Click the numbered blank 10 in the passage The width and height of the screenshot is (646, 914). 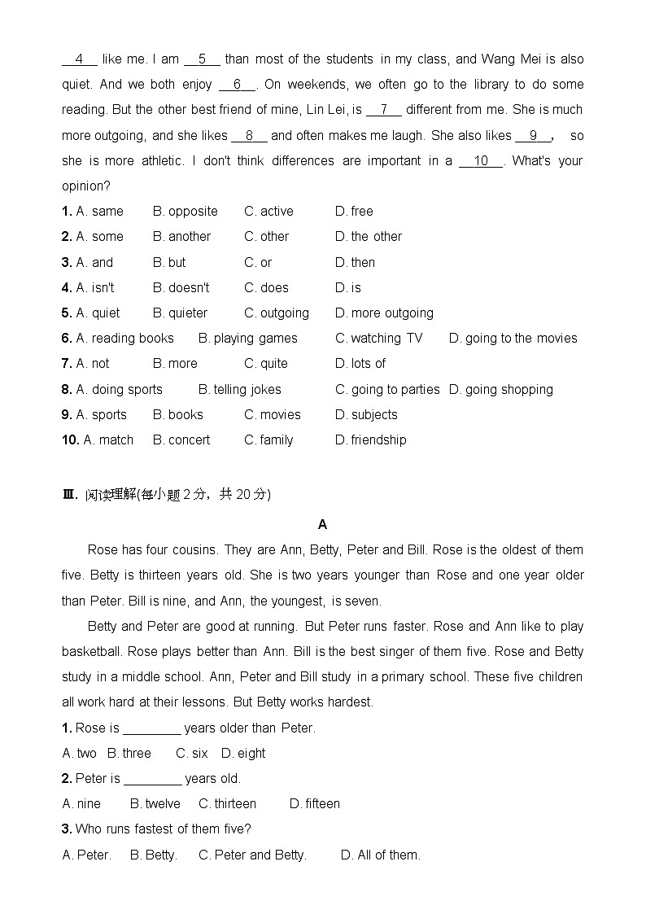[481, 161]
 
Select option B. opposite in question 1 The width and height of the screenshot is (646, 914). [186, 212]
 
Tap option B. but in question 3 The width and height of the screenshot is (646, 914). [169, 263]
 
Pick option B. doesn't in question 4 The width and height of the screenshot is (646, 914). [181, 288]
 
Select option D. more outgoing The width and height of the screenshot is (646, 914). [384, 313]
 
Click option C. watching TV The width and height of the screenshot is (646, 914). [379, 339]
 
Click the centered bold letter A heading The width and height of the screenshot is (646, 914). [323, 524]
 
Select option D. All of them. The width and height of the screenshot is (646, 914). [381, 855]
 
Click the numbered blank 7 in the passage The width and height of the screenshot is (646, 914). [384, 110]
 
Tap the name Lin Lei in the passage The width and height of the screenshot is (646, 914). [330, 110]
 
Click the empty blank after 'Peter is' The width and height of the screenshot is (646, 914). [152, 779]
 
